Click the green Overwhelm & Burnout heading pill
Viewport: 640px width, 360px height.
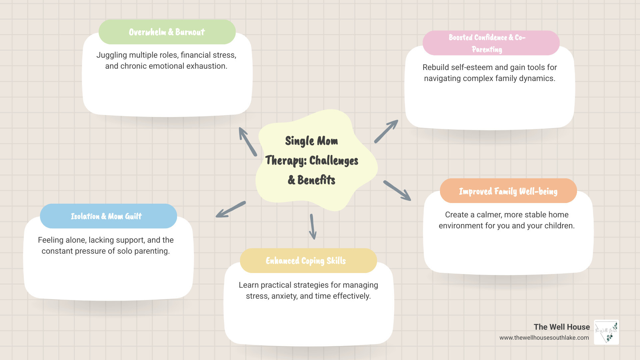[x=167, y=32]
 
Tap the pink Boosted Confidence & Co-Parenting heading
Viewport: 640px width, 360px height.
[x=491, y=43]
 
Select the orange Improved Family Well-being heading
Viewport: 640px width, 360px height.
[x=508, y=191]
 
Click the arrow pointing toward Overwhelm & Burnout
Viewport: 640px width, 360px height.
[x=247, y=141]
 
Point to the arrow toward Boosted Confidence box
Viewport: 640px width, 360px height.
[x=386, y=131]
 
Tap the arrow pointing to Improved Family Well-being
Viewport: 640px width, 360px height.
[x=397, y=191]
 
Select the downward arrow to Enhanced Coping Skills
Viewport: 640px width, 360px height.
[x=313, y=227]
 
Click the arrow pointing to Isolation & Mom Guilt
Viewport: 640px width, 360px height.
[x=231, y=209]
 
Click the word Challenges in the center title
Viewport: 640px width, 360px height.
[x=334, y=161]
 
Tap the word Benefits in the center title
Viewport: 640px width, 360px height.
[x=316, y=180]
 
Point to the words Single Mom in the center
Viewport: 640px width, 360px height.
[x=311, y=141]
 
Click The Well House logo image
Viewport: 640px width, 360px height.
[x=606, y=332]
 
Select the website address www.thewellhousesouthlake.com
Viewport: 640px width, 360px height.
[x=544, y=338]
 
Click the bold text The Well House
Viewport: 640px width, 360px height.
[x=562, y=327]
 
